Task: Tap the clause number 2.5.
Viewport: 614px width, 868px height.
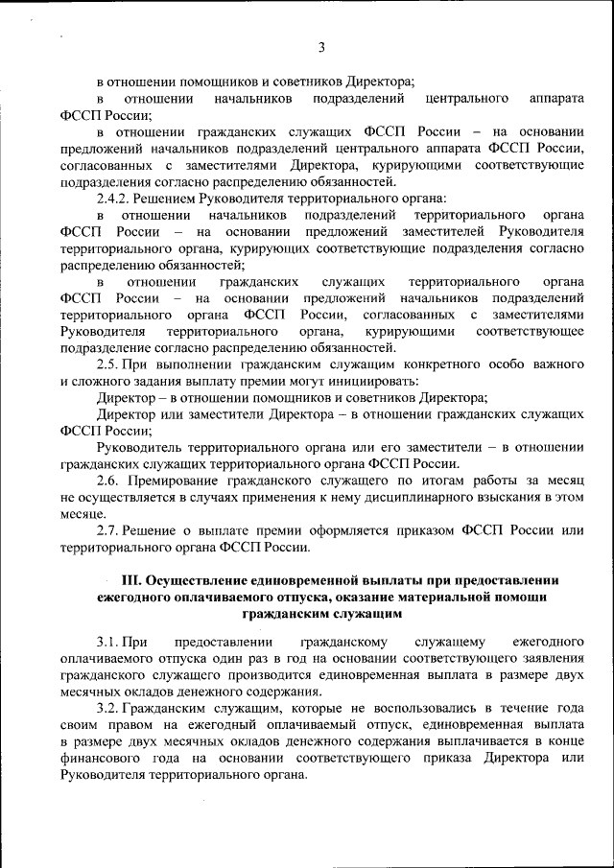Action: click(x=109, y=364)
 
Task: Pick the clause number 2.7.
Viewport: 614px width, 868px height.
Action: click(x=109, y=530)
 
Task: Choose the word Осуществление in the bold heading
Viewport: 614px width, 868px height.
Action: click(x=198, y=580)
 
